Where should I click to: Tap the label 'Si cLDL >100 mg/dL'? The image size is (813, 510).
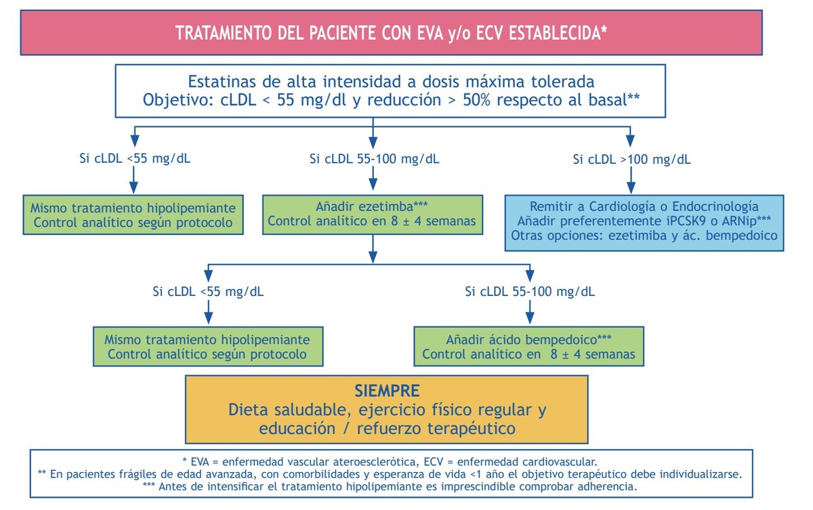pyautogui.click(x=631, y=160)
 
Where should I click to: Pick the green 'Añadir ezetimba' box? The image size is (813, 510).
pyautogui.click(x=372, y=213)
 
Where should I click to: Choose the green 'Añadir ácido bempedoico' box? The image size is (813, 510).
pyautogui.click(x=528, y=346)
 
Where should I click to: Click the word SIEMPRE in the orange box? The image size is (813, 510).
pyautogui.click(x=387, y=391)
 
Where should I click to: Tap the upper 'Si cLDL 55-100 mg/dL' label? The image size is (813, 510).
pyautogui.click(x=374, y=160)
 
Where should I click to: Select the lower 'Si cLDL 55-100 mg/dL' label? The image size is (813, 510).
pyautogui.click(x=529, y=292)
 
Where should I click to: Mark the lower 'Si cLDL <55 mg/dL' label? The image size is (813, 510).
pyautogui.click(x=209, y=292)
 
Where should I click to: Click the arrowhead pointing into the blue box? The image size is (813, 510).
pyautogui.click(x=631, y=189)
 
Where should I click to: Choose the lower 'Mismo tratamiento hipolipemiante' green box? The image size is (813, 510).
pyautogui.click(x=208, y=346)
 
